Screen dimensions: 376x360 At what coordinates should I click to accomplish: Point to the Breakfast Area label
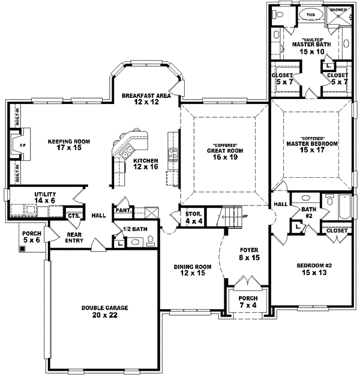point(146,99)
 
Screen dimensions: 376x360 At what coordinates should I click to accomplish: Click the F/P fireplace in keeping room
point(22,145)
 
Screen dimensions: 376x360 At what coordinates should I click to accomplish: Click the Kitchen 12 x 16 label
point(146,164)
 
